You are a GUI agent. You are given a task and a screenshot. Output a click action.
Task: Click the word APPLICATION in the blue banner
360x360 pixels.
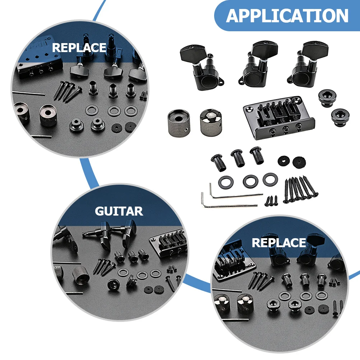pos(287,16)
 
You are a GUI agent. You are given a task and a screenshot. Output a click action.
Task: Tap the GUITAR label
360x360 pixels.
pos(119,211)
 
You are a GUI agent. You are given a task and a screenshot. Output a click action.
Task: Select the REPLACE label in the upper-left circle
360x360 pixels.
pos(79,48)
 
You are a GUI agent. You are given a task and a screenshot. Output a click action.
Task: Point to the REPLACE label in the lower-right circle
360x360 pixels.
pos(279,243)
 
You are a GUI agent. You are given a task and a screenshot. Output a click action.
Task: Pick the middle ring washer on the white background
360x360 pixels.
pos(250,180)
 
